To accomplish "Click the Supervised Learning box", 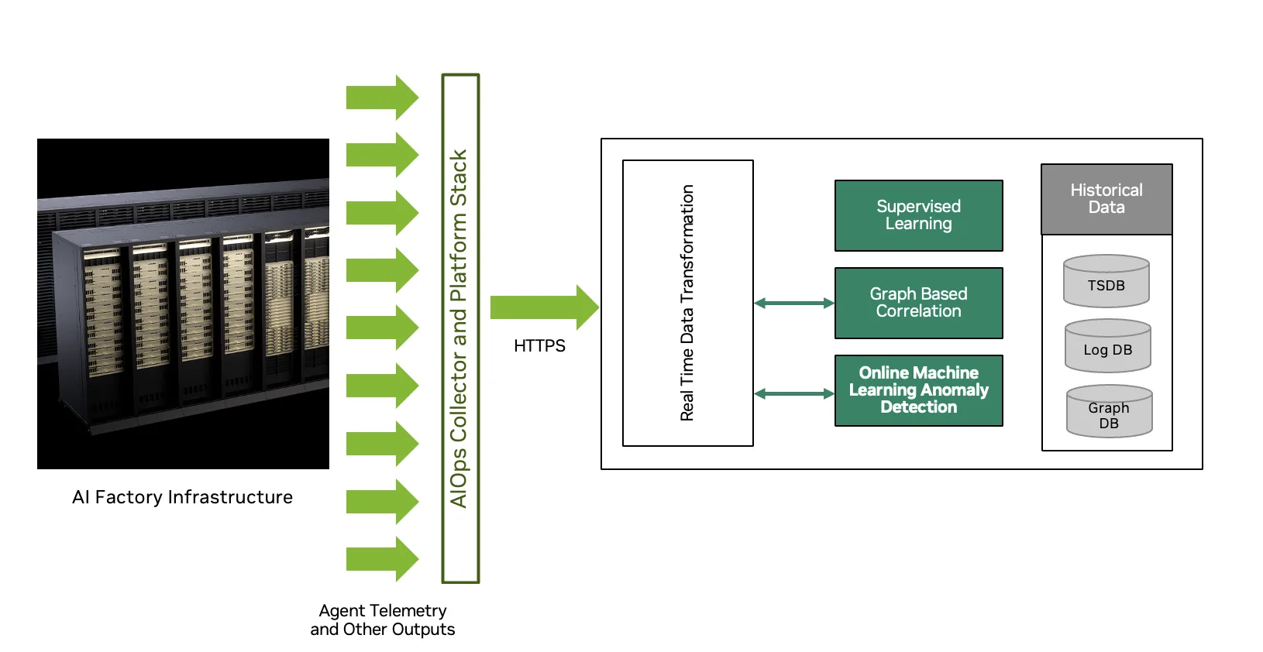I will coord(918,215).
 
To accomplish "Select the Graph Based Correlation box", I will coord(918,303).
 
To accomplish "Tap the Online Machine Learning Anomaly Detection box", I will coord(918,390).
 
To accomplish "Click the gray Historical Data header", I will coord(1106,199).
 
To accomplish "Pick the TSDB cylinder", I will coord(1106,282).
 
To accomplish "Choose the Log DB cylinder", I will coord(1107,346).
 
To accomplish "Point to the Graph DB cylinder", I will coord(1109,412).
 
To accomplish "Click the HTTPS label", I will coord(539,346).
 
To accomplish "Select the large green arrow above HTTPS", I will coord(543,307).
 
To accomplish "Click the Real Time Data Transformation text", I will coord(687,303).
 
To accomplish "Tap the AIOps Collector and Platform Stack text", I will coord(459,328).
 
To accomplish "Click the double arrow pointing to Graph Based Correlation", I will coord(793,303).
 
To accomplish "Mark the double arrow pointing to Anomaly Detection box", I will coord(793,393).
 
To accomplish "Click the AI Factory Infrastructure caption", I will coord(182,497).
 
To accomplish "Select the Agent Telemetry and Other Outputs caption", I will coord(383,620).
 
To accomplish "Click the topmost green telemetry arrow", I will coord(382,97).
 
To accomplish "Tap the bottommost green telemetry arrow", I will coord(382,558).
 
